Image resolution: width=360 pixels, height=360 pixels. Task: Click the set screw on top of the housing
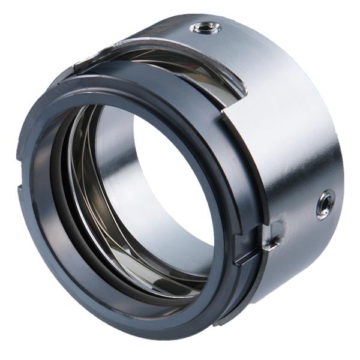pyautogui.click(x=205, y=27)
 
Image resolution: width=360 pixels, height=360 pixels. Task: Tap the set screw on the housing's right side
pyautogui.click(x=326, y=204)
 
